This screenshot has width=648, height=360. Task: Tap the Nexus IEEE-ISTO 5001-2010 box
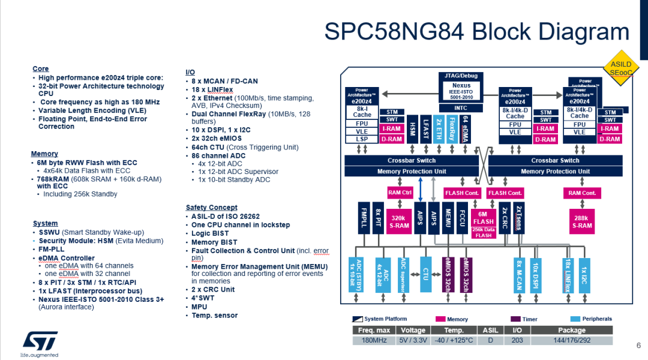pos(461,91)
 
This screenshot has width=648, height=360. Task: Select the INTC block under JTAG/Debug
pos(461,108)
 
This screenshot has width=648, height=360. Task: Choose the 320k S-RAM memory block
pos(400,222)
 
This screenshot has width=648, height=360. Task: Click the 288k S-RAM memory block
pos(581,222)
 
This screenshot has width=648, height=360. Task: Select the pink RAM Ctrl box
pos(400,193)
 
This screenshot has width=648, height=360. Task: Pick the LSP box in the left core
pos(362,139)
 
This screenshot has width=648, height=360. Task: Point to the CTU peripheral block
pos(425,275)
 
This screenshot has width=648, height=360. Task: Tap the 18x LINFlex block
pos(566,275)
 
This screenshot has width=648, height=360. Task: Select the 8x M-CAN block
pos(520,275)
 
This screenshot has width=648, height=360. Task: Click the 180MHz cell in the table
pos(374,340)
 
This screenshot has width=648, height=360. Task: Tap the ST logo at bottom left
pos(40,341)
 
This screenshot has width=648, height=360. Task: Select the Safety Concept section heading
pos(211,208)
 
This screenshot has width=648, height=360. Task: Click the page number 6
pos(638,346)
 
